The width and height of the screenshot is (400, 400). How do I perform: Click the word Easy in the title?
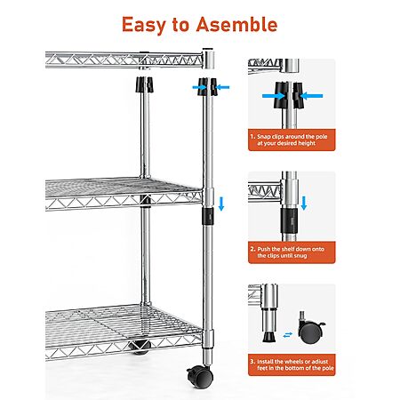144,25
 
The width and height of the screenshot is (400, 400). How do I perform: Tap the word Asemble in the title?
236,24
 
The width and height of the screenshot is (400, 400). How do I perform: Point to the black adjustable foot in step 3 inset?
268,337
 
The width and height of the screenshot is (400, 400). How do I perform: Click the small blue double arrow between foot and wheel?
287,335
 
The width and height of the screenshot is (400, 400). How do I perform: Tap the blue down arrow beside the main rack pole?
221,204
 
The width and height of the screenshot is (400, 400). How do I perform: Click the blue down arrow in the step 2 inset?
303,203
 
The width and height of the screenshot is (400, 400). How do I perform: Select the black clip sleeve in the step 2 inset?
289,220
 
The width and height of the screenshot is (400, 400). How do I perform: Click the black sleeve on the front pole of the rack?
208,216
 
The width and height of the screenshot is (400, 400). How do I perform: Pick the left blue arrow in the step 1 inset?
274,96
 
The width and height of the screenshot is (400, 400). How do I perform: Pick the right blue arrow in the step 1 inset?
311,96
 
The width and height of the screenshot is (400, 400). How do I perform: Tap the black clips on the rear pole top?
145,84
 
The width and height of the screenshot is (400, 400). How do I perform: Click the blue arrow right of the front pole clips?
222,87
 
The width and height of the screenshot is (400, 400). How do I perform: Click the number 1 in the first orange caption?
252,137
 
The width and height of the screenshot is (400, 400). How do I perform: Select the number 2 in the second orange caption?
252,249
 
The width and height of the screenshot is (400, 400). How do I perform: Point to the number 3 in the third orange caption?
252,362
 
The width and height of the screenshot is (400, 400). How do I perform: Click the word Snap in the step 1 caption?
264,137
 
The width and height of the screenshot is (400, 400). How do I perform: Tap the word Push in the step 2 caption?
264,249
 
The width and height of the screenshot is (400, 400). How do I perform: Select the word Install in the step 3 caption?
265,362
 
